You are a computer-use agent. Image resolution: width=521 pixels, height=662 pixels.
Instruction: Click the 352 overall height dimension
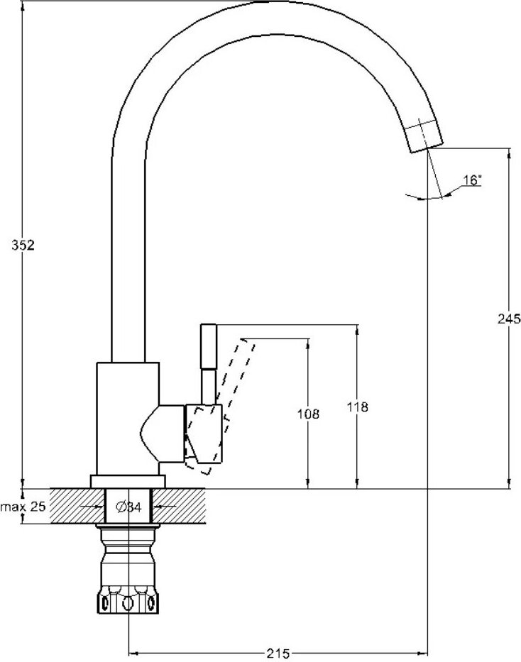[23, 246]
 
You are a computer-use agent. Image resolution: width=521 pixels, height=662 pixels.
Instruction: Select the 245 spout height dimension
[509, 319]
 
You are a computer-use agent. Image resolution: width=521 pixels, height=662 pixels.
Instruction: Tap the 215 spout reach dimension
[278, 653]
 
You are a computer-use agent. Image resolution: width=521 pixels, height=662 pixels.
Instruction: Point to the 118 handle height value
[357, 407]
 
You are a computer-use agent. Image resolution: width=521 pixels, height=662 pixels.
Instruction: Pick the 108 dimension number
[308, 414]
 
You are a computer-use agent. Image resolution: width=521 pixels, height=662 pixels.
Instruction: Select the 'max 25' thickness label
[23, 507]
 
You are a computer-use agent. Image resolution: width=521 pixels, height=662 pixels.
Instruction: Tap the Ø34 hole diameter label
[128, 507]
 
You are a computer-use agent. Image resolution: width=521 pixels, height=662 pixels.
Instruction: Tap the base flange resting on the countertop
[128, 482]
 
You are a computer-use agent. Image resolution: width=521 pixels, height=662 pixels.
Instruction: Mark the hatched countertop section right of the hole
[179, 506]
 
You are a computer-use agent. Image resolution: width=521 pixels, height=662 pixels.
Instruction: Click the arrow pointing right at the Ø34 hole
[92, 507]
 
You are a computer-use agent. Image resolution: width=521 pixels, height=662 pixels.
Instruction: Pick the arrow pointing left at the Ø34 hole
[165, 506]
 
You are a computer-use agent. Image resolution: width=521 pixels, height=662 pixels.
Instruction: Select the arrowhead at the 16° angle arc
[446, 194]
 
